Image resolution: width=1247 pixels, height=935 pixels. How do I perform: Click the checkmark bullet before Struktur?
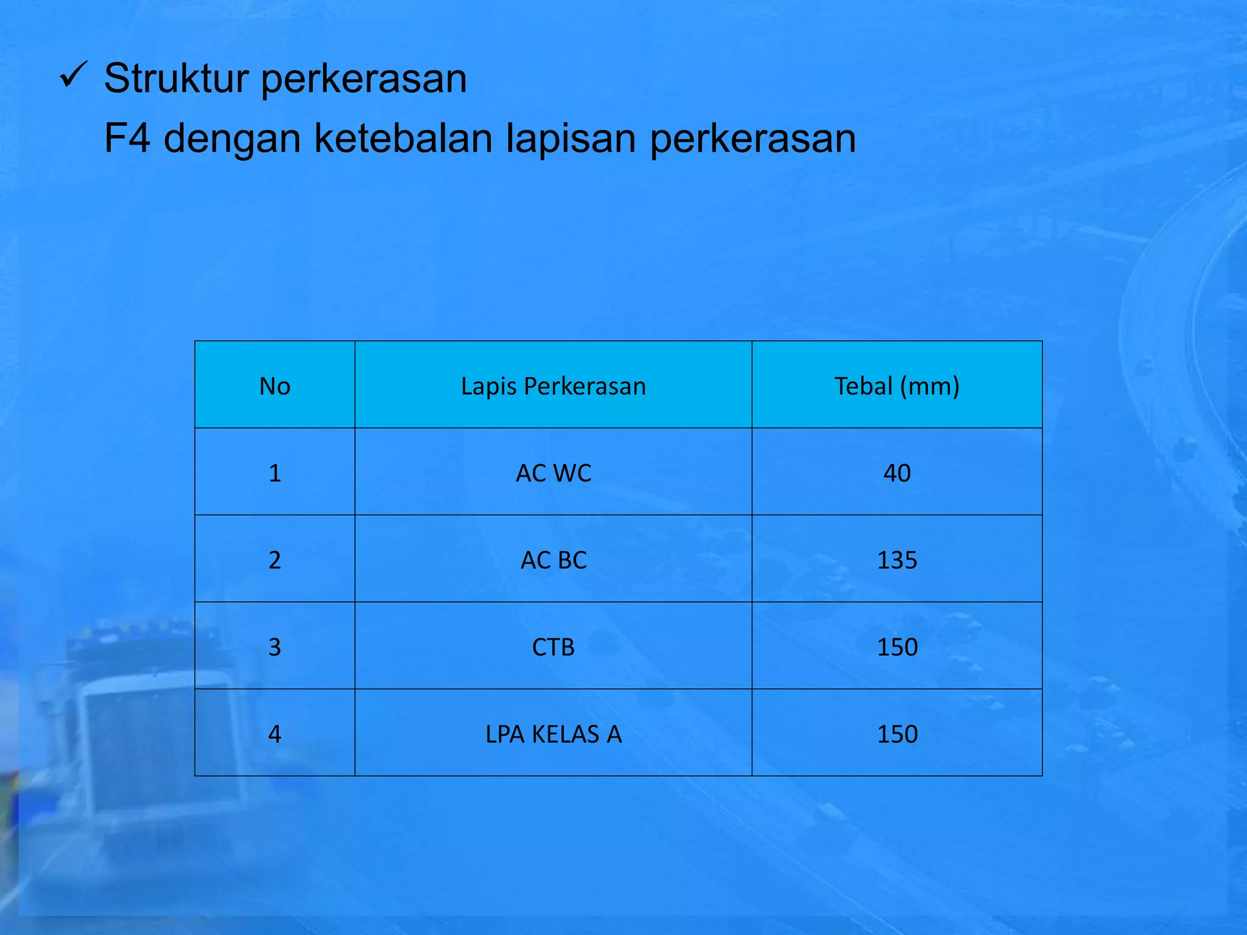74,76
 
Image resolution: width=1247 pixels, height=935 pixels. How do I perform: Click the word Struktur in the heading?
177,79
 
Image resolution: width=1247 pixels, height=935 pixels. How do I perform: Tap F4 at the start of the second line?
127,138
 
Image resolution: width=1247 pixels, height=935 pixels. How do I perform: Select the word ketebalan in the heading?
403,138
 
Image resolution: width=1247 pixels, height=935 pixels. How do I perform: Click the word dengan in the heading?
232,139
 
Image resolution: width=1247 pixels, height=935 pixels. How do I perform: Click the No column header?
275,387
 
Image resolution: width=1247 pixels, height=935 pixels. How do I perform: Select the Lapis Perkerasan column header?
553,387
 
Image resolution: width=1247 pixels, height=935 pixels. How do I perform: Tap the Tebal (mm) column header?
896,387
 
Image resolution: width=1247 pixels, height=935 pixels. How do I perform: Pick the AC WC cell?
553,473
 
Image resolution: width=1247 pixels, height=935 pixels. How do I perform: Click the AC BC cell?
553,560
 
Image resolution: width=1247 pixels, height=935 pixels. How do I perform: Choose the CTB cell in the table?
553,647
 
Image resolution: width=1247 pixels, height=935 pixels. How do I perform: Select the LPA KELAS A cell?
553,734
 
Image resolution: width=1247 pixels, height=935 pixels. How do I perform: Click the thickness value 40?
897,473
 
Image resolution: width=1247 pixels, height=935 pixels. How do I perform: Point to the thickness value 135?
897,560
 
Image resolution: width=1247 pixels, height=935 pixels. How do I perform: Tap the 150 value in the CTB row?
897,647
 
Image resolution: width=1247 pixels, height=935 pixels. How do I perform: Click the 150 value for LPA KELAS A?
897,734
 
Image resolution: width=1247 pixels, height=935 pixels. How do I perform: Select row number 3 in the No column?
275,647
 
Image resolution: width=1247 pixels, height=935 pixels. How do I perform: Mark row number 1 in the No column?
275,473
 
